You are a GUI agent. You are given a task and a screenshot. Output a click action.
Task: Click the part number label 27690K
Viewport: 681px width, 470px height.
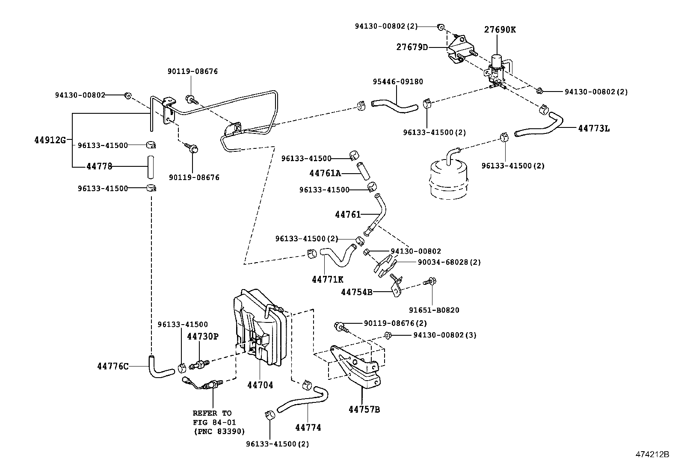tap(500, 30)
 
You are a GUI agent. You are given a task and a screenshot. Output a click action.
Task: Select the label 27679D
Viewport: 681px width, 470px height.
tap(412, 47)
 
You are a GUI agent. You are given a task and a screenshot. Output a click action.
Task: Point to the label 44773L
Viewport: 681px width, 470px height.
tap(594, 128)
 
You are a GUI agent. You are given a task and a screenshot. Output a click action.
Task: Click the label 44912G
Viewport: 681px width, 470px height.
tap(50, 140)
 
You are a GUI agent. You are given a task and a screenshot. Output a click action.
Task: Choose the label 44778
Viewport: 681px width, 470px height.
tap(99, 166)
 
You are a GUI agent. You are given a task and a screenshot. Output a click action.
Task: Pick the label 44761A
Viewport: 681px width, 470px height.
tap(325, 173)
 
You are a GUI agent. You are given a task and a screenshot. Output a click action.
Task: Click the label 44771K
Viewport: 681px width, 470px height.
tap(327, 279)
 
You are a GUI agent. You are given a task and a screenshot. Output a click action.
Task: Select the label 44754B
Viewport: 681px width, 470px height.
tap(356, 292)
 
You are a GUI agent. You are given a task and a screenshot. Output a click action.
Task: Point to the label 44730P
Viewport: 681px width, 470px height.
tap(202, 336)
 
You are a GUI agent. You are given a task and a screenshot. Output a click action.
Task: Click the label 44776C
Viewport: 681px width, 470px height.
tap(113, 366)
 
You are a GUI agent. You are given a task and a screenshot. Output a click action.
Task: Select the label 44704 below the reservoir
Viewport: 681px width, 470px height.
tap(260, 385)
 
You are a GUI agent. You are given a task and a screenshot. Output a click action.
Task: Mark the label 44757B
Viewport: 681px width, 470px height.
tap(364, 409)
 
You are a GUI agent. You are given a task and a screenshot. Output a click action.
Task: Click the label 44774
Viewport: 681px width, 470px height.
tap(308, 427)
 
